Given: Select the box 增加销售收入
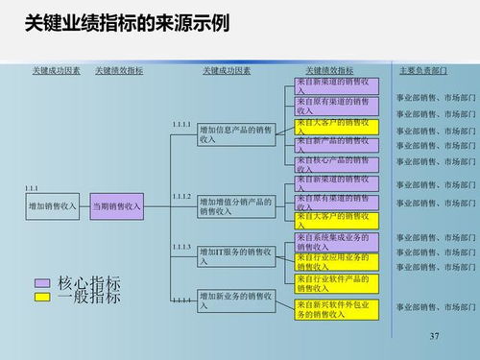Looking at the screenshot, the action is coord(53,205).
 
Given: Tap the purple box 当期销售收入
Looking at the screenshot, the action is coord(116,205).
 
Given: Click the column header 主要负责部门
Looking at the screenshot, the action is coord(422,71).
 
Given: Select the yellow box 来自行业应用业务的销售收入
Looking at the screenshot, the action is coord(336,262).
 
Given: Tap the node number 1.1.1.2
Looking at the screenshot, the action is coord(181,196).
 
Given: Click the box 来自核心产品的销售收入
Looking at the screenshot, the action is coord(336,162).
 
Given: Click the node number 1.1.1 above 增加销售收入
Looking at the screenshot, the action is coord(32,188).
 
